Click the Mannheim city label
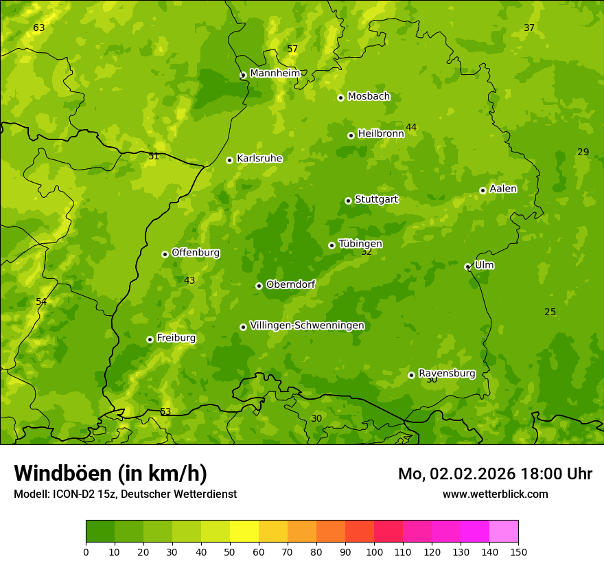click(275, 73)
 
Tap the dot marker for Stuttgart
click(348, 201)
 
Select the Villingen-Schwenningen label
click(307, 326)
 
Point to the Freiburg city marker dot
click(150, 339)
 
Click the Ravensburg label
click(447, 374)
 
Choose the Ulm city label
click(484, 265)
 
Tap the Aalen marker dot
click(483, 190)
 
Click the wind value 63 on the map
click(39, 28)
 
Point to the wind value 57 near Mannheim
click(292, 49)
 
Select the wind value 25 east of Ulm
click(550, 312)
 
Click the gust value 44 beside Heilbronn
click(411, 127)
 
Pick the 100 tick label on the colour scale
click(374, 552)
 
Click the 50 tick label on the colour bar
click(230, 552)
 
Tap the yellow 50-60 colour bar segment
click(244, 532)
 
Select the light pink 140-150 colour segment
click(504, 532)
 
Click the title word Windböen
click(62, 473)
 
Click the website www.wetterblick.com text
click(495, 494)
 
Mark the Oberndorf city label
click(290, 284)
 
